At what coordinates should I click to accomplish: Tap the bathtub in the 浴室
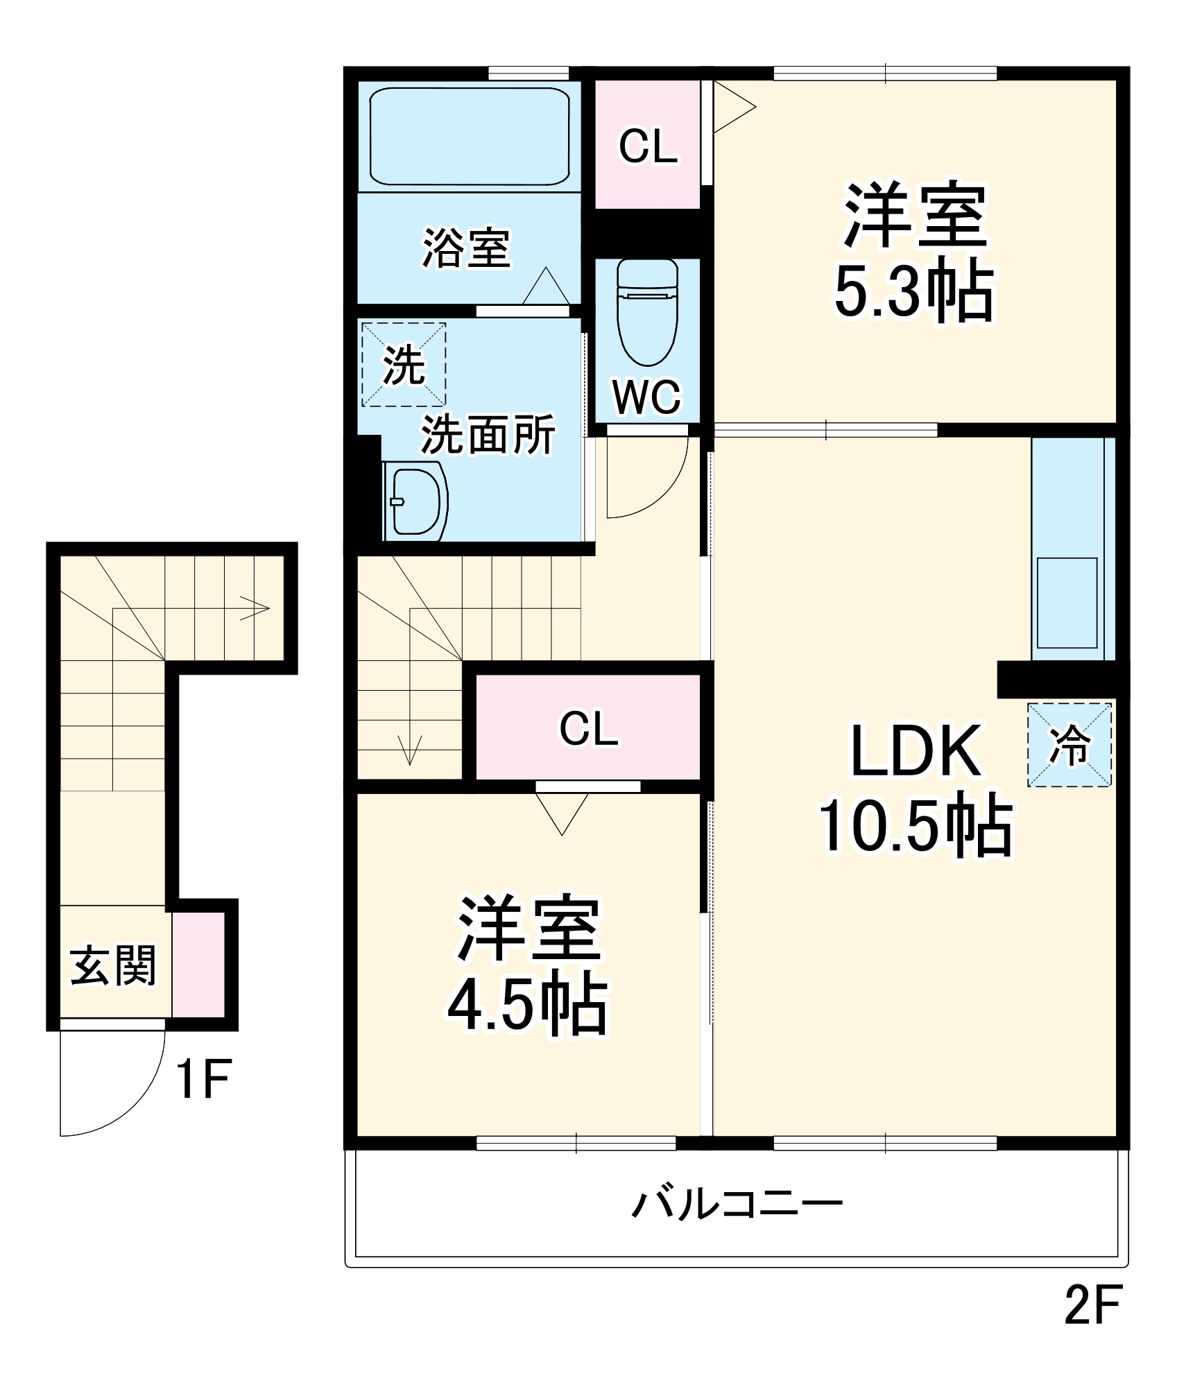click(x=469, y=136)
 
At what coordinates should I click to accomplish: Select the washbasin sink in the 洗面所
click(x=415, y=501)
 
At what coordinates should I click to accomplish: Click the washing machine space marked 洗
click(x=403, y=365)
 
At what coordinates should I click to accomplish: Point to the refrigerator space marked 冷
click(x=1069, y=745)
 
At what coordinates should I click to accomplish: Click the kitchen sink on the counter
click(x=1066, y=603)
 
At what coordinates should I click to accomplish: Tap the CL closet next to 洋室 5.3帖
click(x=648, y=146)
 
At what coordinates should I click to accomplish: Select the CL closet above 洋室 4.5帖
click(x=588, y=727)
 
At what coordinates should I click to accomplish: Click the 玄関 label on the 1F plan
click(x=113, y=965)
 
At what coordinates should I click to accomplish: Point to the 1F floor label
click(x=203, y=1079)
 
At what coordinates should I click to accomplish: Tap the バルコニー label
click(x=737, y=1204)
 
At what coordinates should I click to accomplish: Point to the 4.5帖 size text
click(x=527, y=1003)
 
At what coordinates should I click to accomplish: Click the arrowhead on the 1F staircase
click(x=256, y=609)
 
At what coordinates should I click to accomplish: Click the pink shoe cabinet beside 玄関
click(x=198, y=965)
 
